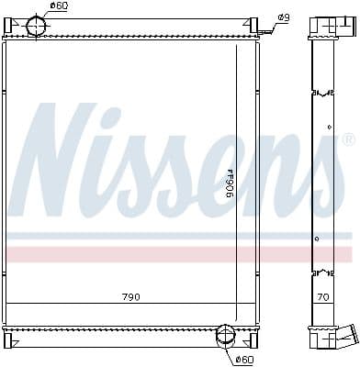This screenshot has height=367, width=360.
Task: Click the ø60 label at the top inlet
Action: tap(59, 7)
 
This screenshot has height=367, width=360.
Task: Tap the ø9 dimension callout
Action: tap(284, 17)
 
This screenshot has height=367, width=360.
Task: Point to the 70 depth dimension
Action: tap(322, 297)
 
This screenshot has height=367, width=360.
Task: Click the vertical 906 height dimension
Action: tap(231, 184)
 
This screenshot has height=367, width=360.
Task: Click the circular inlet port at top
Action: tap(38, 27)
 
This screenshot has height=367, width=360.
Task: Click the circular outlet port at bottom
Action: tap(225, 338)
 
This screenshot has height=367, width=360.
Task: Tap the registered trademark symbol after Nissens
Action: tap(347, 141)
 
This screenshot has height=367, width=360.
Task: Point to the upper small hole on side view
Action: tap(330, 127)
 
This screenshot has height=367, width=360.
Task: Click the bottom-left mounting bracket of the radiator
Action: tap(8, 340)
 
